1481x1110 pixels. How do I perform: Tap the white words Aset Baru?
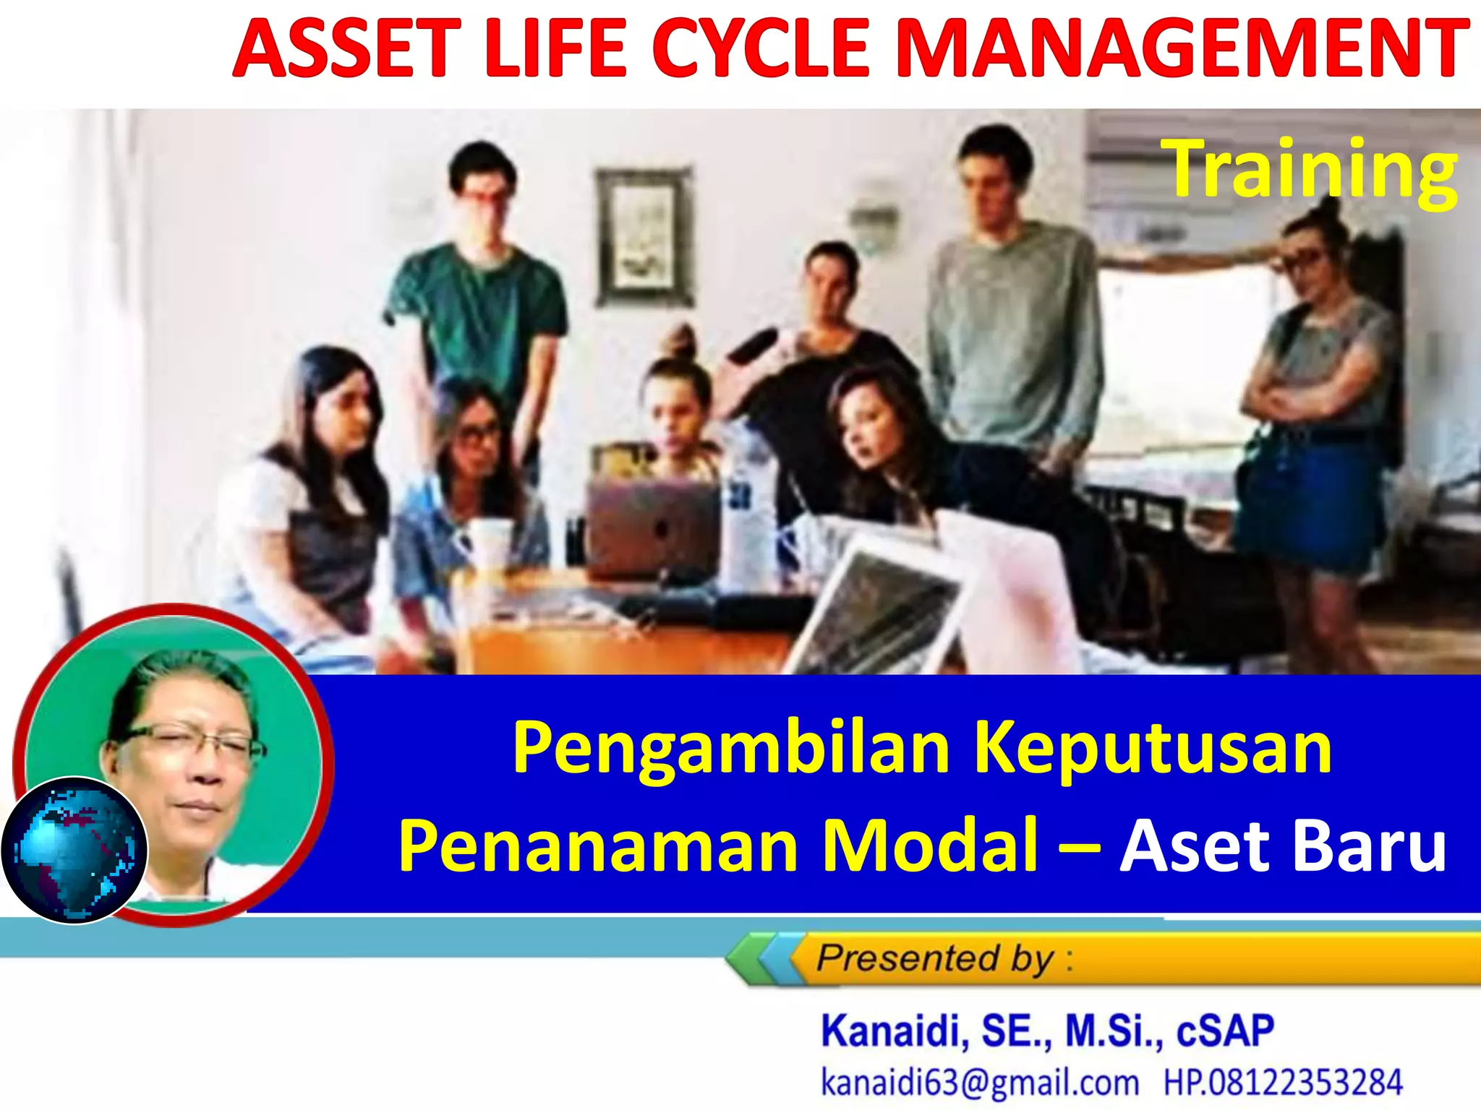[1282, 846]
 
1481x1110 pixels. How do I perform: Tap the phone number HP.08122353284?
[1282, 1083]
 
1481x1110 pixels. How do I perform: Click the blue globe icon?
[74, 851]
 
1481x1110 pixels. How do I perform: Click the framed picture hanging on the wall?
[643, 236]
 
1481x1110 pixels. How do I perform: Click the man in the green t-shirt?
[477, 304]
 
